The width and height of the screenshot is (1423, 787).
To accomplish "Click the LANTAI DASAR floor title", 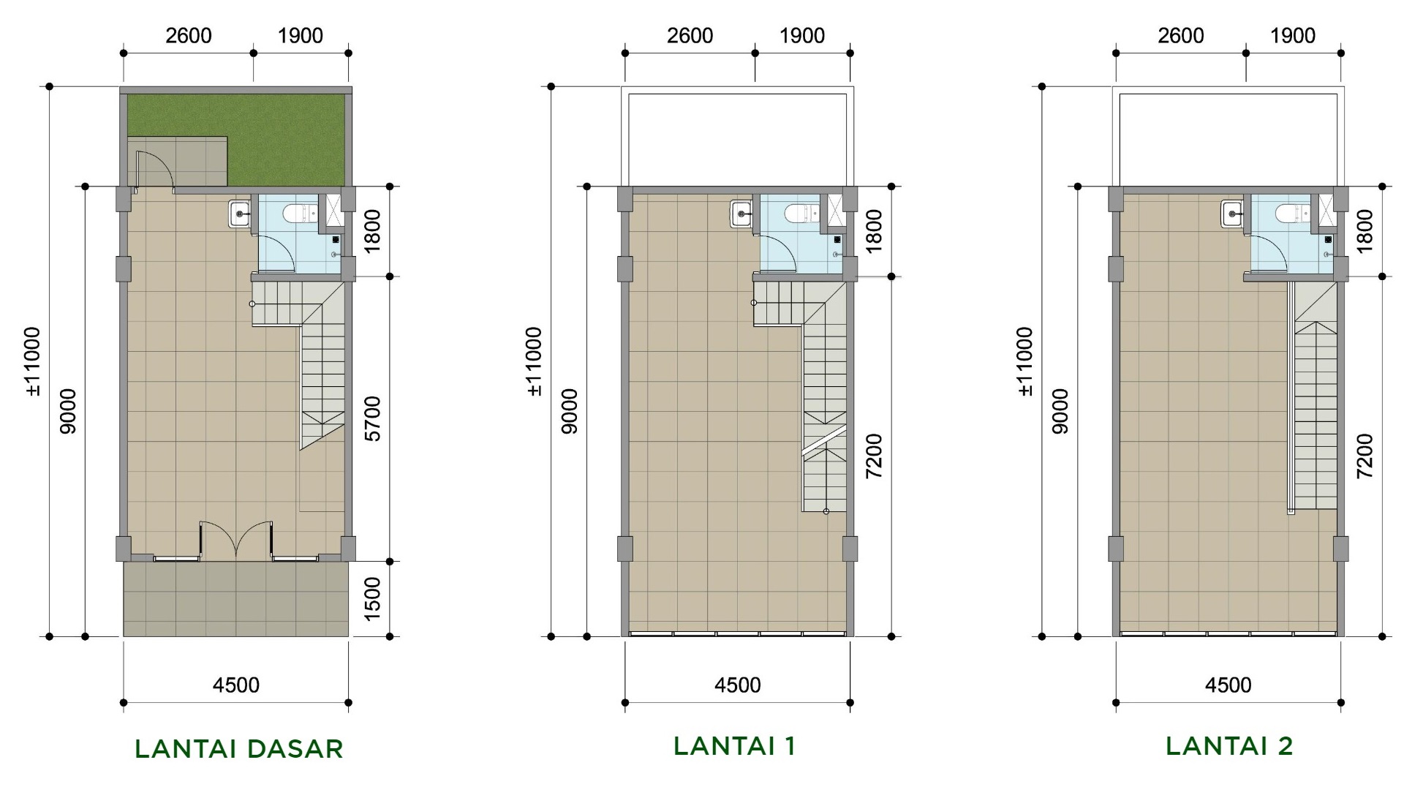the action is pos(239,748).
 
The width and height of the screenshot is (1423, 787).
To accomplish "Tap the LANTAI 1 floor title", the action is pos(734,745).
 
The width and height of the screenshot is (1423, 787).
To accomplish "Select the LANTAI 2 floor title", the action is pos(1229,745).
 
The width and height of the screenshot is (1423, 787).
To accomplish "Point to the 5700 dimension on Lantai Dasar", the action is pos(372,418).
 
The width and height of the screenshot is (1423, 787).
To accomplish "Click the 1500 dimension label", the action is pos(372,598).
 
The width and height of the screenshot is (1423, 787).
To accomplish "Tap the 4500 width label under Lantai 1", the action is pos(737,685).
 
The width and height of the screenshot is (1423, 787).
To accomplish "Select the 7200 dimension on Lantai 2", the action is pos(1365,456).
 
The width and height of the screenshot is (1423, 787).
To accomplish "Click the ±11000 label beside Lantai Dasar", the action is pos(33,361).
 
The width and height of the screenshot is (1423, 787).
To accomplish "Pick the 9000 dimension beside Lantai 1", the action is pos(570,411).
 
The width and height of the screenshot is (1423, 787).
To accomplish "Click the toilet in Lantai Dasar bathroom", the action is pos(300,214).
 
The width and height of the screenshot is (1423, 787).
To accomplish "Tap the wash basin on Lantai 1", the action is pos(741,214).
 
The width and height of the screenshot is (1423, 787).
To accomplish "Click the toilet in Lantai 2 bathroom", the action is pos(1292,214).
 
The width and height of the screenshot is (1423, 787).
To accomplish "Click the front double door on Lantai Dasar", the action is pos(236,540).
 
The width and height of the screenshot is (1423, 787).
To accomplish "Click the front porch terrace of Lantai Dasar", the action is pos(235,598).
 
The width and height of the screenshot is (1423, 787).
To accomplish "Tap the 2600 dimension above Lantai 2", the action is pos(1180,35).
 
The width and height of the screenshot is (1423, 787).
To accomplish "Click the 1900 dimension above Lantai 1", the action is pos(801,35).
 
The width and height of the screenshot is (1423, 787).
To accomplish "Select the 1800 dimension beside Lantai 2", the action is pos(1365,230).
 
